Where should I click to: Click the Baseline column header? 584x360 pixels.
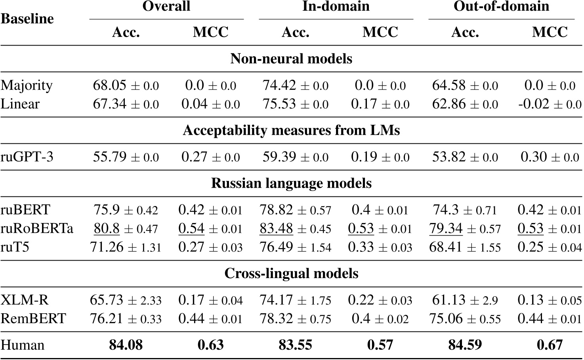tap(27, 19)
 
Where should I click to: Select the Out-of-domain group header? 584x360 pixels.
tap(501, 6)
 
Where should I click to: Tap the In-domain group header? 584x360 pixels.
tap(336, 6)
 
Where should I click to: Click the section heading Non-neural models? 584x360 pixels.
tap(291, 59)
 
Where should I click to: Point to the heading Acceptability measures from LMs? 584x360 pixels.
tap(291, 130)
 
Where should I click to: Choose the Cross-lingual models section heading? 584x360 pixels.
tap(291, 273)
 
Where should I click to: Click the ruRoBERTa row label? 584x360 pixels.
tap(37, 229)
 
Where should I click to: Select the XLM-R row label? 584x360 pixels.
tap(25, 300)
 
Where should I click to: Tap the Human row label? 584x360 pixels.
tap(22, 345)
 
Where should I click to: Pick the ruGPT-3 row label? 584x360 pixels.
tap(27, 157)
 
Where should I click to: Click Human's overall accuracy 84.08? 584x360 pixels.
tap(126, 345)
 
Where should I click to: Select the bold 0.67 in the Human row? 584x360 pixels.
tap(550, 345)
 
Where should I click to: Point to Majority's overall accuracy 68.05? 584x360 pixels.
tap(110, 85)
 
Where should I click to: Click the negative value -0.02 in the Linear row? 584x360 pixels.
tap(534, 104)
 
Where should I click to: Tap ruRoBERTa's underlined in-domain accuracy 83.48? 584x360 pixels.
tap(276, 229)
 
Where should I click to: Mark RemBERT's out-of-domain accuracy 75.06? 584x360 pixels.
tap(447, 318)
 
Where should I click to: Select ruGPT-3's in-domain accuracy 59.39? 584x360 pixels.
tap(279, 157)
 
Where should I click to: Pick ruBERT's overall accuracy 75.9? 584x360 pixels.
tap(107, 210)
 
